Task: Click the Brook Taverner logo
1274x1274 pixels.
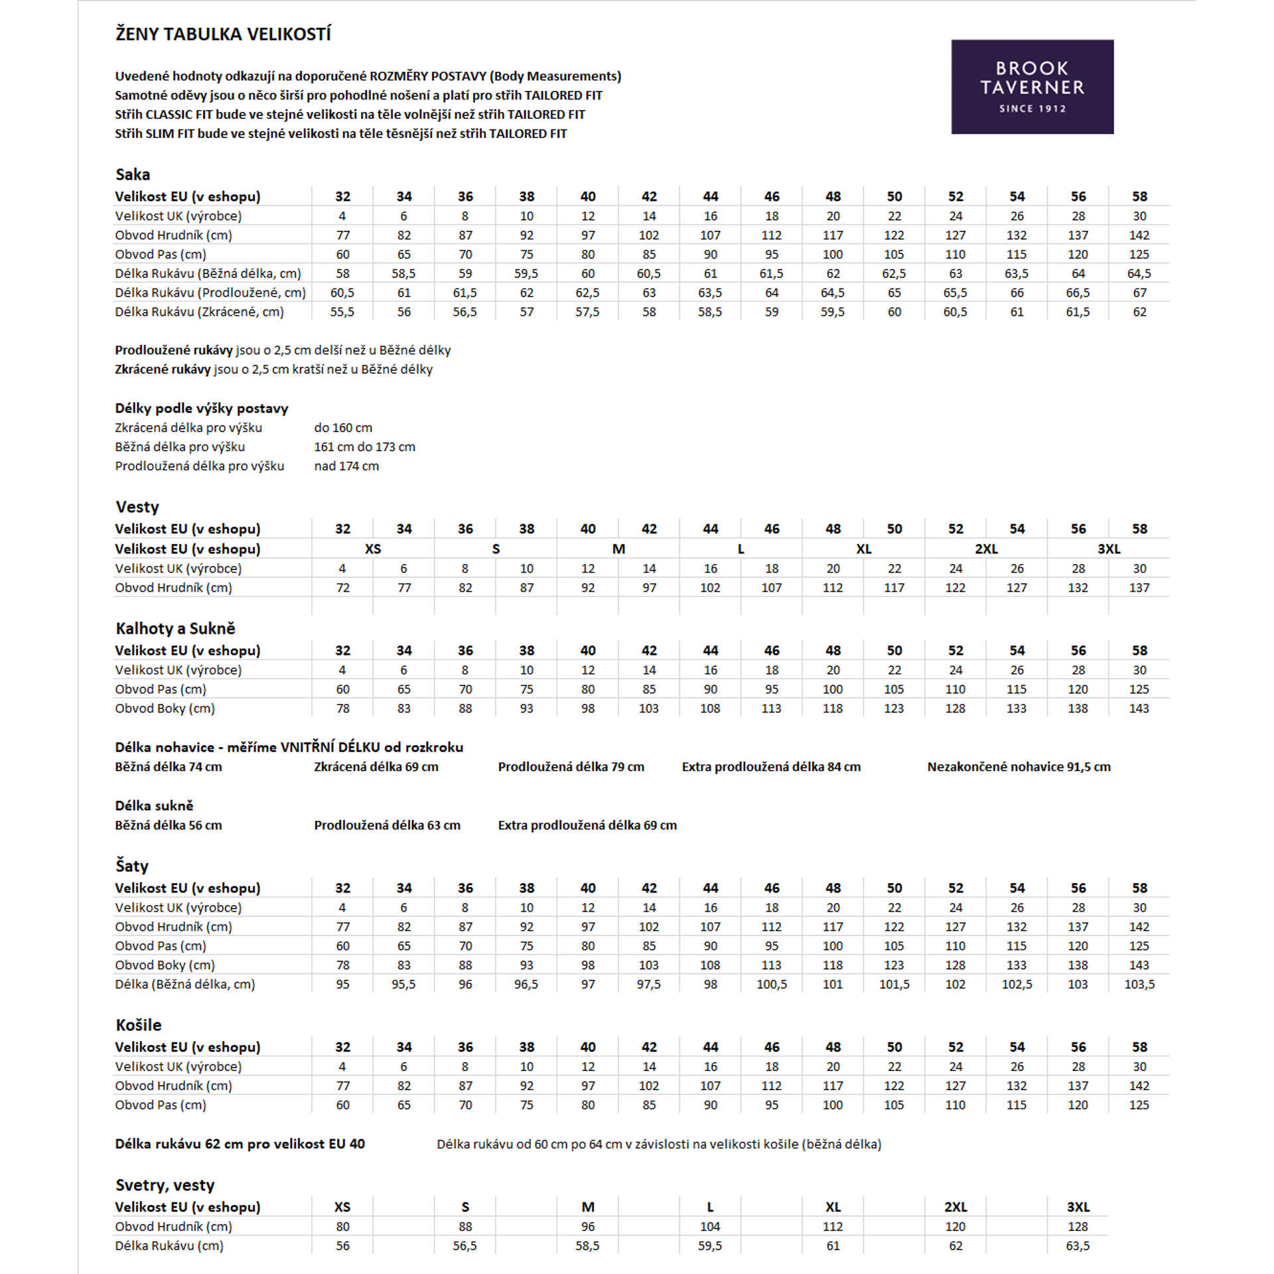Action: coord(1032,87)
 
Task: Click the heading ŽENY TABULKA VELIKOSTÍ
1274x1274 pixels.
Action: coord(223,34)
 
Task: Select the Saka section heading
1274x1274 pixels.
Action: coord(133,175)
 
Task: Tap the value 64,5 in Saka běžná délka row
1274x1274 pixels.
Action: coord(1139,273)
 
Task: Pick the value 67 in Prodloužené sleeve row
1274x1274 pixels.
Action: coord(1139,293)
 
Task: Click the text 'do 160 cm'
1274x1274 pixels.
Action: coord(343,428)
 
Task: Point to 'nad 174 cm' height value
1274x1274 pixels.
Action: coord(346,466)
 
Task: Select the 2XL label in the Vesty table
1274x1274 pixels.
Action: coord(986,549)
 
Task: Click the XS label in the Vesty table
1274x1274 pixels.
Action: coord(373,549)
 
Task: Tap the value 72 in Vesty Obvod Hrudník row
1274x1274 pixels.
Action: coord(342,588)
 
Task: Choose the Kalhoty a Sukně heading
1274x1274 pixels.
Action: coord(175,628)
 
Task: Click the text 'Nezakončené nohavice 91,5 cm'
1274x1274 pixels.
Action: coord(1019,767)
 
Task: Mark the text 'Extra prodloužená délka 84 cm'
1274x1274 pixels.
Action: coord(771,767)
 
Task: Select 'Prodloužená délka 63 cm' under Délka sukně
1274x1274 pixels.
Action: coord(387,825)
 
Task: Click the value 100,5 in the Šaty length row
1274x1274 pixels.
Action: coord(772,985)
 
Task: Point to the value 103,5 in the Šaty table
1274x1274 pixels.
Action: coord(1139,985)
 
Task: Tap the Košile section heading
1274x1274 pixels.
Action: coord(138,1025)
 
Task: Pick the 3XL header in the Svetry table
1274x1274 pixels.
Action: coord(1078,1207)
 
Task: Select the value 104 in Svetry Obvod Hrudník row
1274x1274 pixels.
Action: coord(710,1227)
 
